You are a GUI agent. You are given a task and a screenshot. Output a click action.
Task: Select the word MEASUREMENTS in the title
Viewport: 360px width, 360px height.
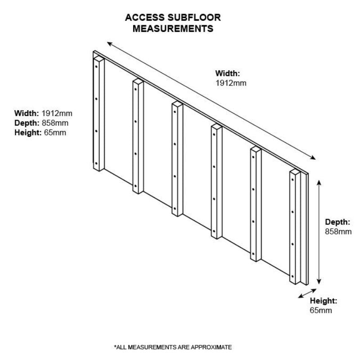(x=168, y=29)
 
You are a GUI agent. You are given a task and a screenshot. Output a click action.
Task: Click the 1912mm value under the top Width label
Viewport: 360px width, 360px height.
(x=231, y=83)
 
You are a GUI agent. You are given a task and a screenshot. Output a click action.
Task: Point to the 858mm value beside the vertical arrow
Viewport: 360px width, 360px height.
(x=338, y=231)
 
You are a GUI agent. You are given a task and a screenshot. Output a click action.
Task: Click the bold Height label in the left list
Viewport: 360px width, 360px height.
(x=28, y=132)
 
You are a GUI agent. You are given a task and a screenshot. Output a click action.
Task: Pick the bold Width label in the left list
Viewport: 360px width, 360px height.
(x=27, y=112)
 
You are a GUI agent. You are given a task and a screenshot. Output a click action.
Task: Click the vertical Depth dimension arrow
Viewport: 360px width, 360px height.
(x=319, y=232)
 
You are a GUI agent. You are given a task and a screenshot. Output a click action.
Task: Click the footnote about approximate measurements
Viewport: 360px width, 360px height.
(x=173, y=347)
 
